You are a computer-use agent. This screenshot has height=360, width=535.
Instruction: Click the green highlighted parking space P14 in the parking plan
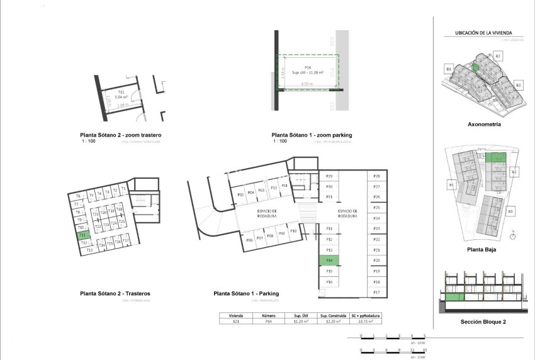click(x=329, y=260)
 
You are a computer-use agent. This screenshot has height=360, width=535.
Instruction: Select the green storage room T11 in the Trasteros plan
click(x=83, y=235)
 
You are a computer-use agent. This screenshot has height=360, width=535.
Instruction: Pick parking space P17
click(x=376, y=293)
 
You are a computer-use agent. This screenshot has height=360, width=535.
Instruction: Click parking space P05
click(x=240, y=195)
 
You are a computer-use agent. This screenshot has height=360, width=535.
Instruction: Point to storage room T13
click(x=89, y=250)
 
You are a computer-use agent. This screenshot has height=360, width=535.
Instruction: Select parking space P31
click(x=329, y=197)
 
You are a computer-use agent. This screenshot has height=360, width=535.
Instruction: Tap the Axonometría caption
click(x=484, y=125)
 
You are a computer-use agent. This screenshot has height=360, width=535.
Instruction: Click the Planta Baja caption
click(x=484, y=249)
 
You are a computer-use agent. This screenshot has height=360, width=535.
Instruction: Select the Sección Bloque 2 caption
click(x=483, y=322)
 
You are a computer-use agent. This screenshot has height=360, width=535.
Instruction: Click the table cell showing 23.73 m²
click(x=367, y=321)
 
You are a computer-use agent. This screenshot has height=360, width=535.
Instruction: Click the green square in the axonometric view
click(x=476, y=66)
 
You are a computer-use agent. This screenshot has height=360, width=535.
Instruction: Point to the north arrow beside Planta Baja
click(x=514, y=237)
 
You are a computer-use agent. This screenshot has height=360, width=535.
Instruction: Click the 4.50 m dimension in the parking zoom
click(x=307, y=84)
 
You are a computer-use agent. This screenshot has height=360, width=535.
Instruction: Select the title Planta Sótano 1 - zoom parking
click(x=312, y=135)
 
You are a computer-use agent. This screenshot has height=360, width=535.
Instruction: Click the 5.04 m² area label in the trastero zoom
click(x=121, y=98)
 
